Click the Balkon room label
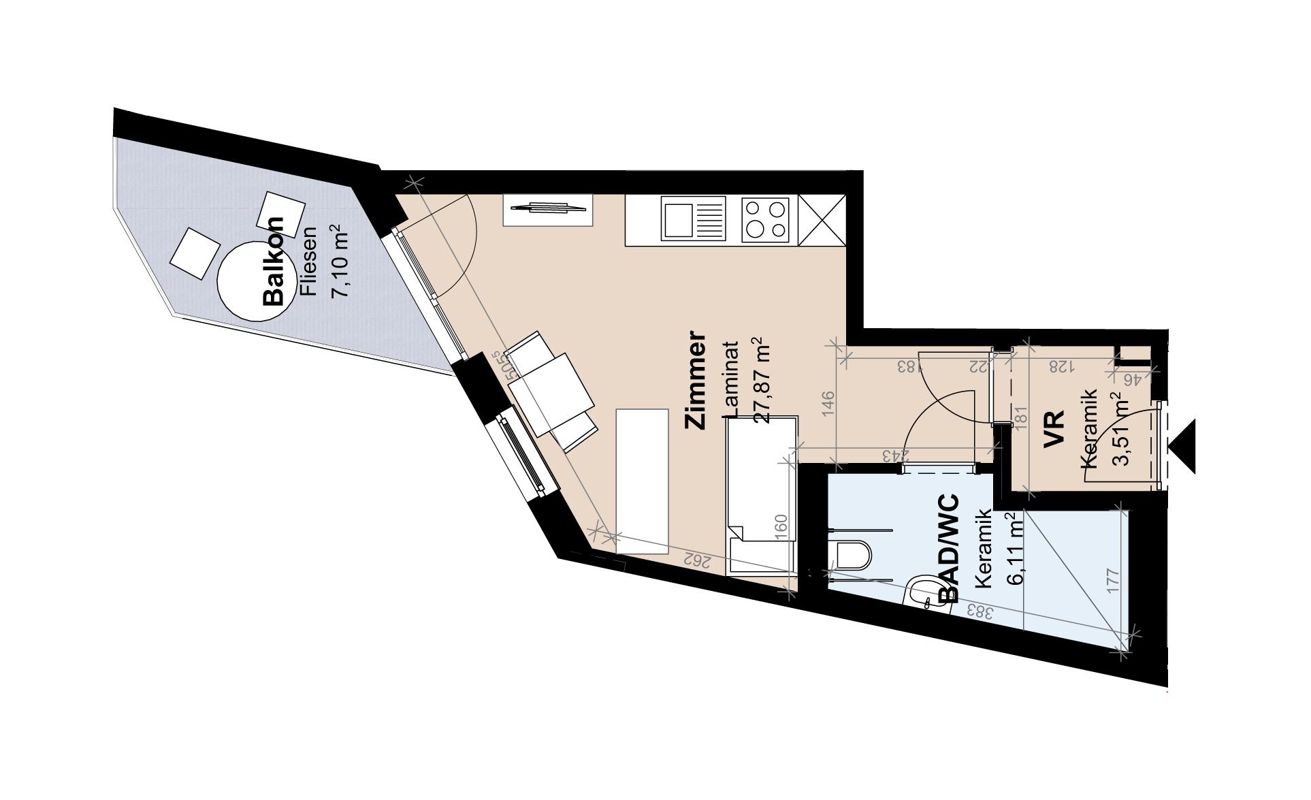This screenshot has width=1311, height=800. click(274, 261)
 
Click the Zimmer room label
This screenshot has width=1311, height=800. click(696, 380)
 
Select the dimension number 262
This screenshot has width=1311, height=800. click(697, 561)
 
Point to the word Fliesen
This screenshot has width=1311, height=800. click(308, 261)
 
